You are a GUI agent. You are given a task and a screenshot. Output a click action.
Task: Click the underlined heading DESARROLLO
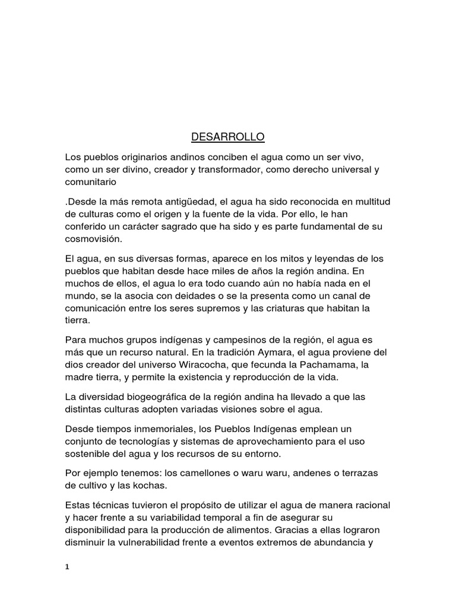(227, 138)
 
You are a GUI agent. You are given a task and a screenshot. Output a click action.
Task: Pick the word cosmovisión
(95, 239)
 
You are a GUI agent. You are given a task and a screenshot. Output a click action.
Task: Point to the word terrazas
(358, 473)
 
